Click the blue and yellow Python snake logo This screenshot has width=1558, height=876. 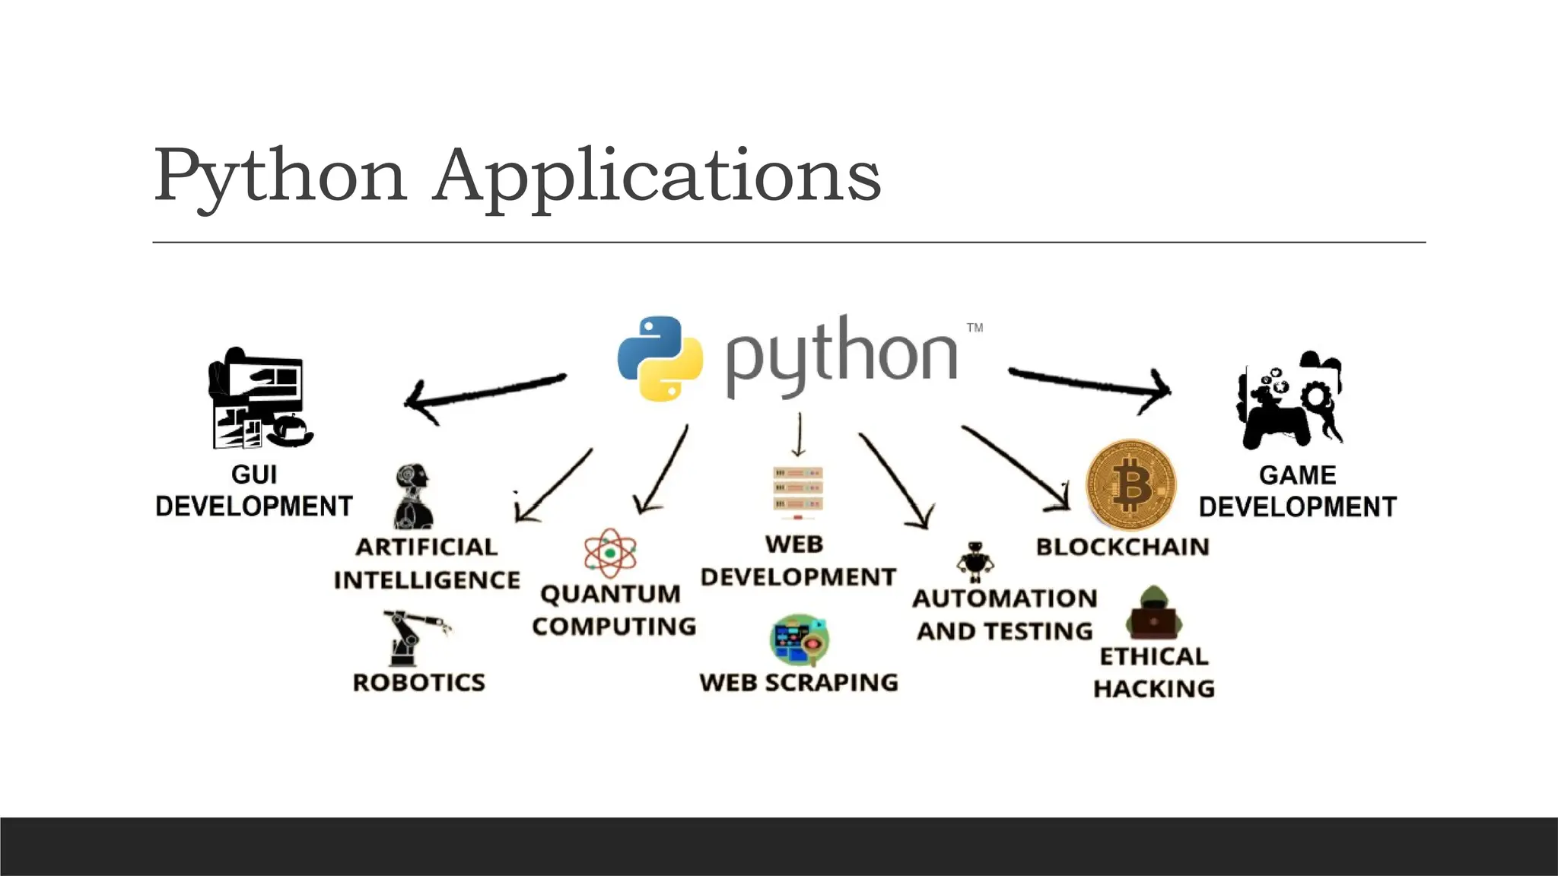click(660, 357)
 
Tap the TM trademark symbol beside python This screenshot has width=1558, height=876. click(975, 328)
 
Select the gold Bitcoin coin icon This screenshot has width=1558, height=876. click(1130, 484)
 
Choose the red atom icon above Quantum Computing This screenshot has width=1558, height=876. click(610, 553)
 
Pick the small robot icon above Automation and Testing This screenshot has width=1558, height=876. click(975, 561)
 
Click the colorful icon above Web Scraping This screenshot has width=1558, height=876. click(799, 640)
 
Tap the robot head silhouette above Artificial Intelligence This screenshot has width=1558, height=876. click(413, 497)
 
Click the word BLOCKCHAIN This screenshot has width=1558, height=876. click(1122, 547)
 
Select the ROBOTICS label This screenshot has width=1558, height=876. click(418, 682)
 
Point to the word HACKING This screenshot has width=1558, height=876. click(1153, 689)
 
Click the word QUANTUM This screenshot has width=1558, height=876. click(610, 594)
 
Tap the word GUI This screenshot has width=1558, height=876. click(254, 474)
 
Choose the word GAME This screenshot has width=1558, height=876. click(1297, 475)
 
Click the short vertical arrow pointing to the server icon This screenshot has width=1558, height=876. click(799, 435)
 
